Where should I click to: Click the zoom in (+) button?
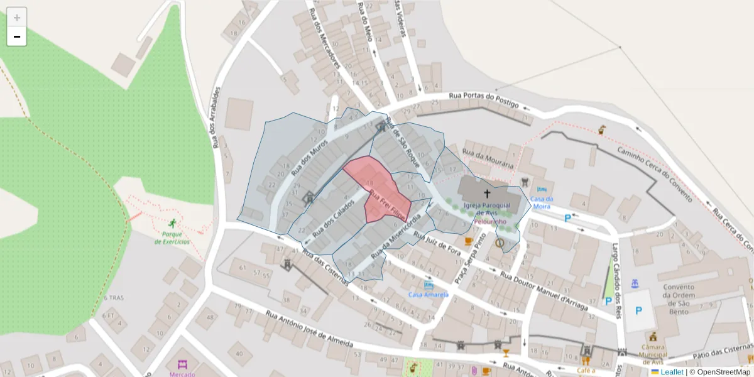tap(17, 18)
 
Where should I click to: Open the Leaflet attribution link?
tap(671, 372)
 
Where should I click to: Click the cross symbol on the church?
tap(487, 193)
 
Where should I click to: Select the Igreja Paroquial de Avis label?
tap(487, 209)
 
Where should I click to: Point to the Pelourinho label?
tap(490, 222)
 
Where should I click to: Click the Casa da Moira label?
tap(541, 202)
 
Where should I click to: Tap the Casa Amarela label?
tap(428, 295)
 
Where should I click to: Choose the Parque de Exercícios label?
tap(172, 238)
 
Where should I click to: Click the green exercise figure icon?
tap(172, 223)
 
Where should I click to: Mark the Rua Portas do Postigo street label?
tap(483, 99)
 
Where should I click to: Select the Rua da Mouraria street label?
tap(488, 160)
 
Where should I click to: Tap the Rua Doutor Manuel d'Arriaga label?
tap(544, 292)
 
